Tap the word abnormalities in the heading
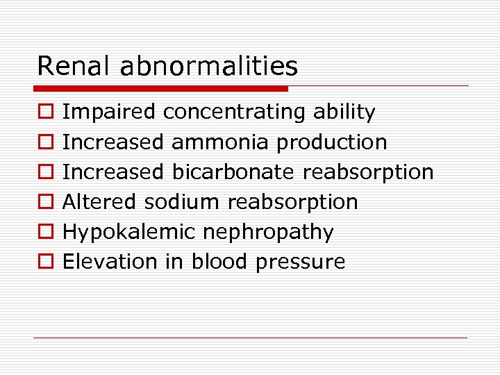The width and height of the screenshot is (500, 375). point(208,67)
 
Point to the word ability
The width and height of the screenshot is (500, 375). point(344,112)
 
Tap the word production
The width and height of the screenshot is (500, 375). point(331,142)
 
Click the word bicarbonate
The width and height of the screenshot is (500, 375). point(233,172)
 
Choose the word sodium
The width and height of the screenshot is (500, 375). point(183,202)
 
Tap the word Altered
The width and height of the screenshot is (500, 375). point(100,202)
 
